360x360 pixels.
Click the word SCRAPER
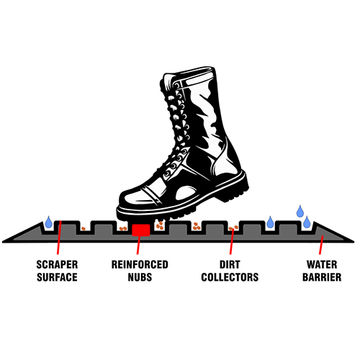57,264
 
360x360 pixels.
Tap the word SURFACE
57,277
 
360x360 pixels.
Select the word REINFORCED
140,264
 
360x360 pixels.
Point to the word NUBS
140,277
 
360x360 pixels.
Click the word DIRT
230,264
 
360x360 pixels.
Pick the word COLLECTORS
230,277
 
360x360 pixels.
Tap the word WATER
322,264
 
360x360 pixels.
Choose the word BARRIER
322,277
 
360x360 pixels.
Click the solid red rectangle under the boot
141,230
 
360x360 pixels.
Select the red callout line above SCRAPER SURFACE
59,238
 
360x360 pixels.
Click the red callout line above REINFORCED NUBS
138,245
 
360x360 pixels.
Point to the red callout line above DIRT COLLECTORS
232,241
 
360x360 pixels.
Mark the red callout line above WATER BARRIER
321,245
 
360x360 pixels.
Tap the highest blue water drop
300,211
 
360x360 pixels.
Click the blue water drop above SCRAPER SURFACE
49,222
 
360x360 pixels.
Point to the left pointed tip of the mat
3,241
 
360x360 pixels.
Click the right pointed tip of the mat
354,241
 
